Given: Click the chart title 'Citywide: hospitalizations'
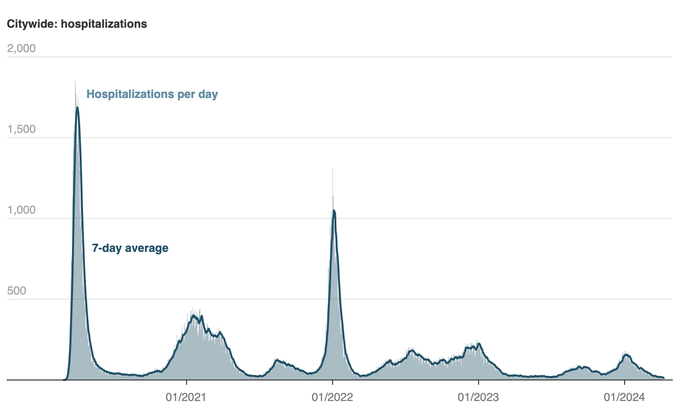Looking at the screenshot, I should click(77, 24).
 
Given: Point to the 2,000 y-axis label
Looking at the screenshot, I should click(21, 49).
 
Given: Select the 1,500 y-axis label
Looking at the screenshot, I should click(21, 130).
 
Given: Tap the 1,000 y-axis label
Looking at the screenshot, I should click(21, 210).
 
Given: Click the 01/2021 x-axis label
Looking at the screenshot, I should click(186, 397).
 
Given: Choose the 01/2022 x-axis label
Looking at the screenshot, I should click(332, 397).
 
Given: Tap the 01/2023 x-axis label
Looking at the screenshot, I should click(478, 397).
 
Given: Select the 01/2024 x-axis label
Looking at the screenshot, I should click(624, 397).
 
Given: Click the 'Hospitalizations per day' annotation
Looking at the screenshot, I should click(152, 94).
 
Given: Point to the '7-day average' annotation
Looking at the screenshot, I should click(130, 248).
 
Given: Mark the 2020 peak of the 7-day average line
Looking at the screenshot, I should click(77, 108).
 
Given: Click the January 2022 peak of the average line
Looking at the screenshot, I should click(334, 211).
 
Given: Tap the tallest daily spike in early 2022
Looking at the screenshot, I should click(333, 169).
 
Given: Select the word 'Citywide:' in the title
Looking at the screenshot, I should click(31, 24).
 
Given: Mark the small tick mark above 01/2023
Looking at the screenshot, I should click(478, 383).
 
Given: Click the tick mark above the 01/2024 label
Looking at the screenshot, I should click(624, 383).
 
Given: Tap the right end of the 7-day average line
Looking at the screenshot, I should click(663, 378).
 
